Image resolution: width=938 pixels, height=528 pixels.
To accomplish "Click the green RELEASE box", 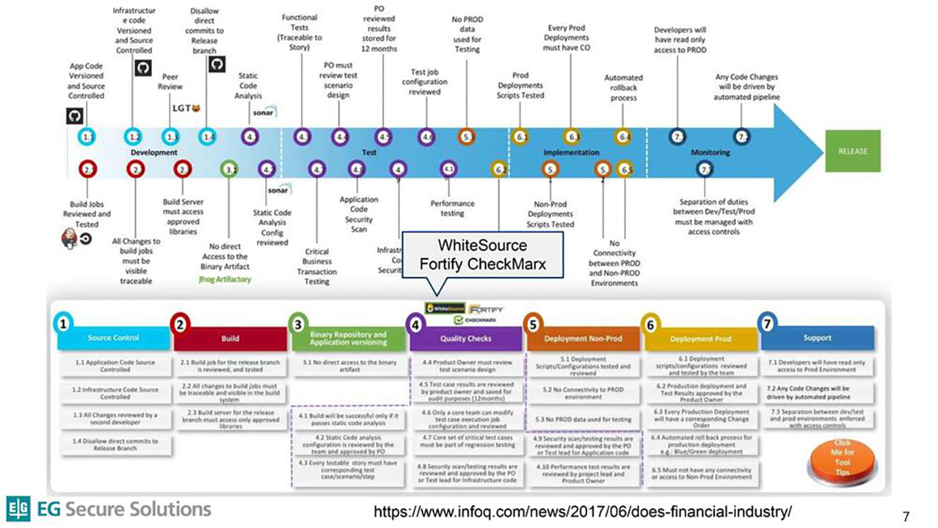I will (852, 151).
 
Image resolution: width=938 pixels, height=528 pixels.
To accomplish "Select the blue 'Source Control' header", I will (112, 338).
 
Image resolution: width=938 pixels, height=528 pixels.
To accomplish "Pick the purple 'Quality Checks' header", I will (463, 339).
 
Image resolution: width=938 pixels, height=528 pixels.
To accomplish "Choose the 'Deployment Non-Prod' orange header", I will (583, 339).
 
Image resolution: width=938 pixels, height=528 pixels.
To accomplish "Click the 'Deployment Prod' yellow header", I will (699, 339).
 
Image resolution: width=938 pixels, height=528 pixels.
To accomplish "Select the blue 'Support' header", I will (818, 338).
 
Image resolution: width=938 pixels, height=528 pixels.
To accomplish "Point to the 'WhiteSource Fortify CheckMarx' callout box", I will (482, 253).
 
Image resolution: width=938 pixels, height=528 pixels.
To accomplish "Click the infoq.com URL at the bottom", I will (582, 511).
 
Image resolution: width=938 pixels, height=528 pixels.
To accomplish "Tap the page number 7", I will (906, 516).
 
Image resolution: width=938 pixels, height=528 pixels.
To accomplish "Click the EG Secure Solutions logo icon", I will (19, 509).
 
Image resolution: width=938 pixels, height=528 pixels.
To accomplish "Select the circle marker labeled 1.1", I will (89, 137).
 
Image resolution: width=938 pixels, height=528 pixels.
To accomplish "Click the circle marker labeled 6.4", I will (623, 137).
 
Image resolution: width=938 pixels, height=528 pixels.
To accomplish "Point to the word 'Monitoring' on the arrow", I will (711, 152).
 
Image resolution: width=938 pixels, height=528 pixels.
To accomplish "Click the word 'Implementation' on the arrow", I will (571, 152).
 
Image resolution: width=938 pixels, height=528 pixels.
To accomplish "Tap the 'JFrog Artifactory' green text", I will (225, 279).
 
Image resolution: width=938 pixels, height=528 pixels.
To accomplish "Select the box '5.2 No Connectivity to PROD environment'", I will (582, 393).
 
